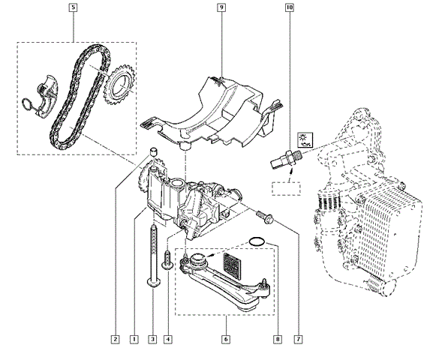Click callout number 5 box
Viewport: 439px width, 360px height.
click(73, 7)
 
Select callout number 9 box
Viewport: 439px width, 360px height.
click(221, 7)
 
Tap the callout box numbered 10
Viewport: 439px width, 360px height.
click(290, 7)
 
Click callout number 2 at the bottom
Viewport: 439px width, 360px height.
click(115, 339)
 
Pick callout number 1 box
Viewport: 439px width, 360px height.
click(134, 339)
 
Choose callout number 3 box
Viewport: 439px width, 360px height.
click(152, 339)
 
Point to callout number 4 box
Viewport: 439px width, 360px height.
click(168, 339)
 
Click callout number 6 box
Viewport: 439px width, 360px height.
click(226, 339)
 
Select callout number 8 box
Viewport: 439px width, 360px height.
click(278, 339)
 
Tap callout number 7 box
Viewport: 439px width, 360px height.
click(299, 339)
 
